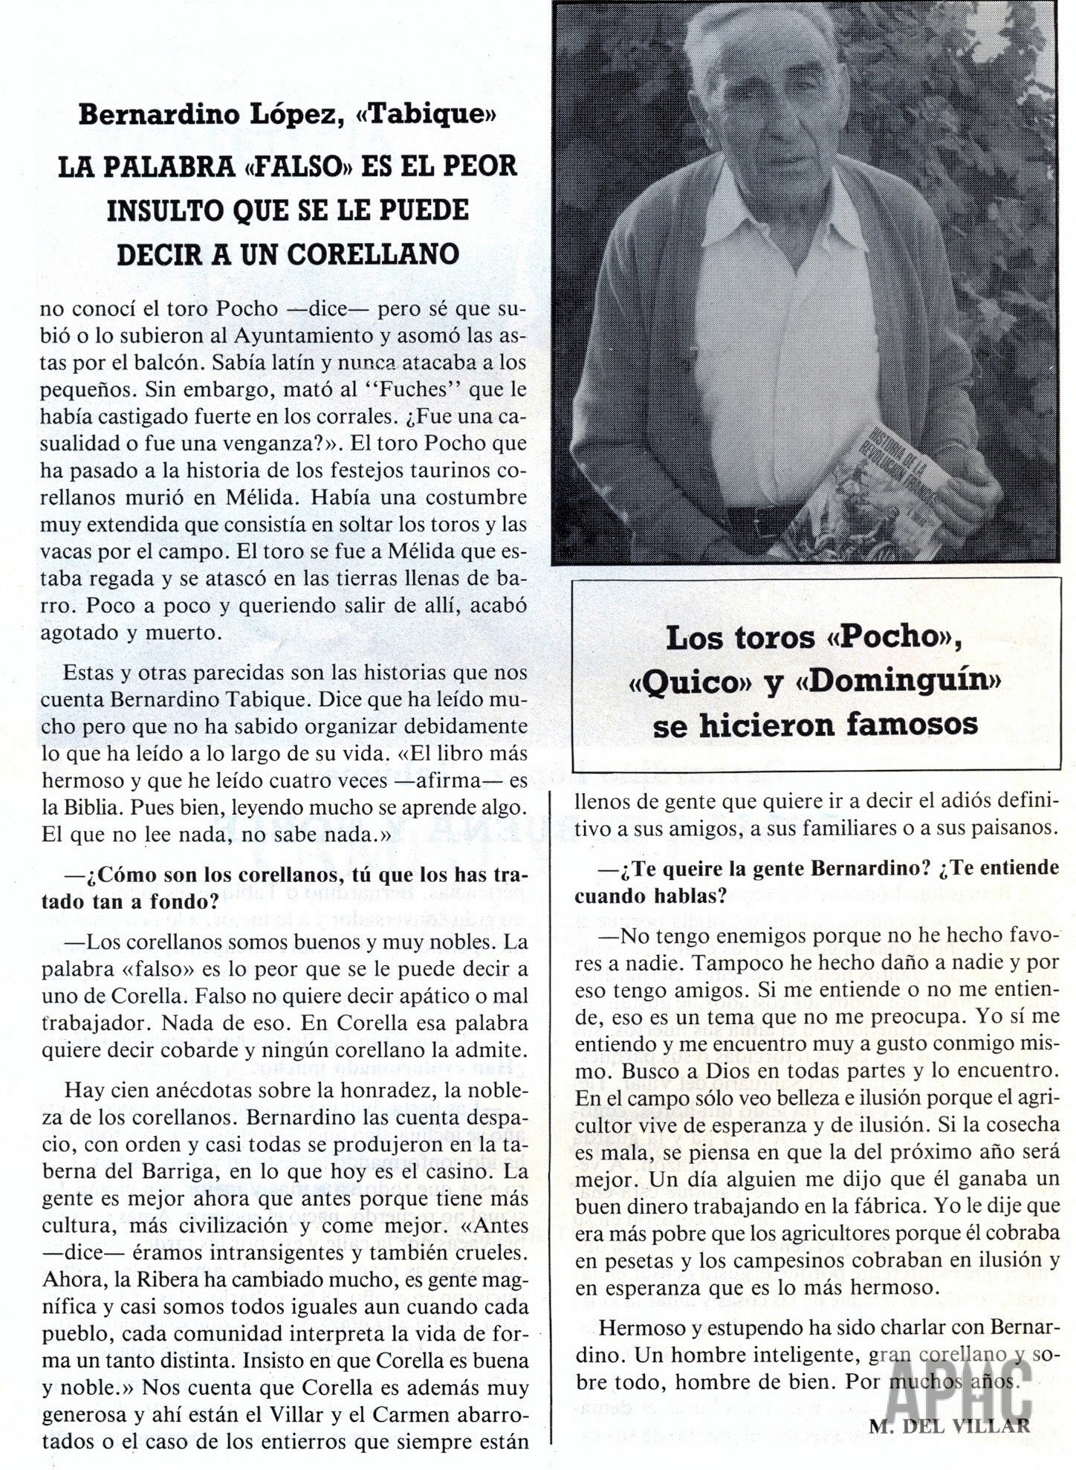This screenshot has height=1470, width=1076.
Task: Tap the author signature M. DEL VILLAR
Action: pos(949,1425)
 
